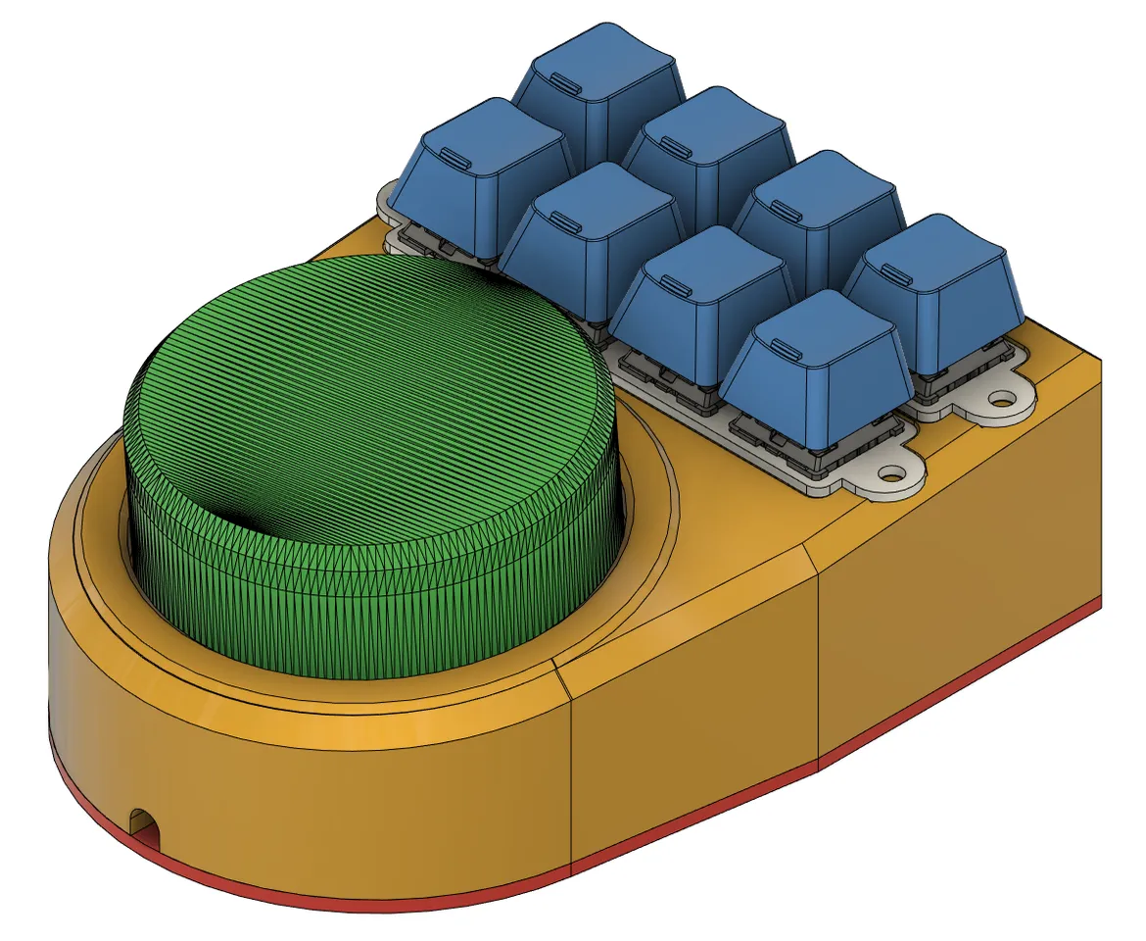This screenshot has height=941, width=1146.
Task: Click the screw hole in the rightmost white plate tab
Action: [x=1002, y=400]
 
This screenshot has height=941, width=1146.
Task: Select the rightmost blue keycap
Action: [x=935, y=294]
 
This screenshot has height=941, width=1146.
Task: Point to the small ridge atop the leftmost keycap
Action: [x=455, y=156]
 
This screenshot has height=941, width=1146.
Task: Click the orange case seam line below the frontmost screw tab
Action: [x=818, y=667]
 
